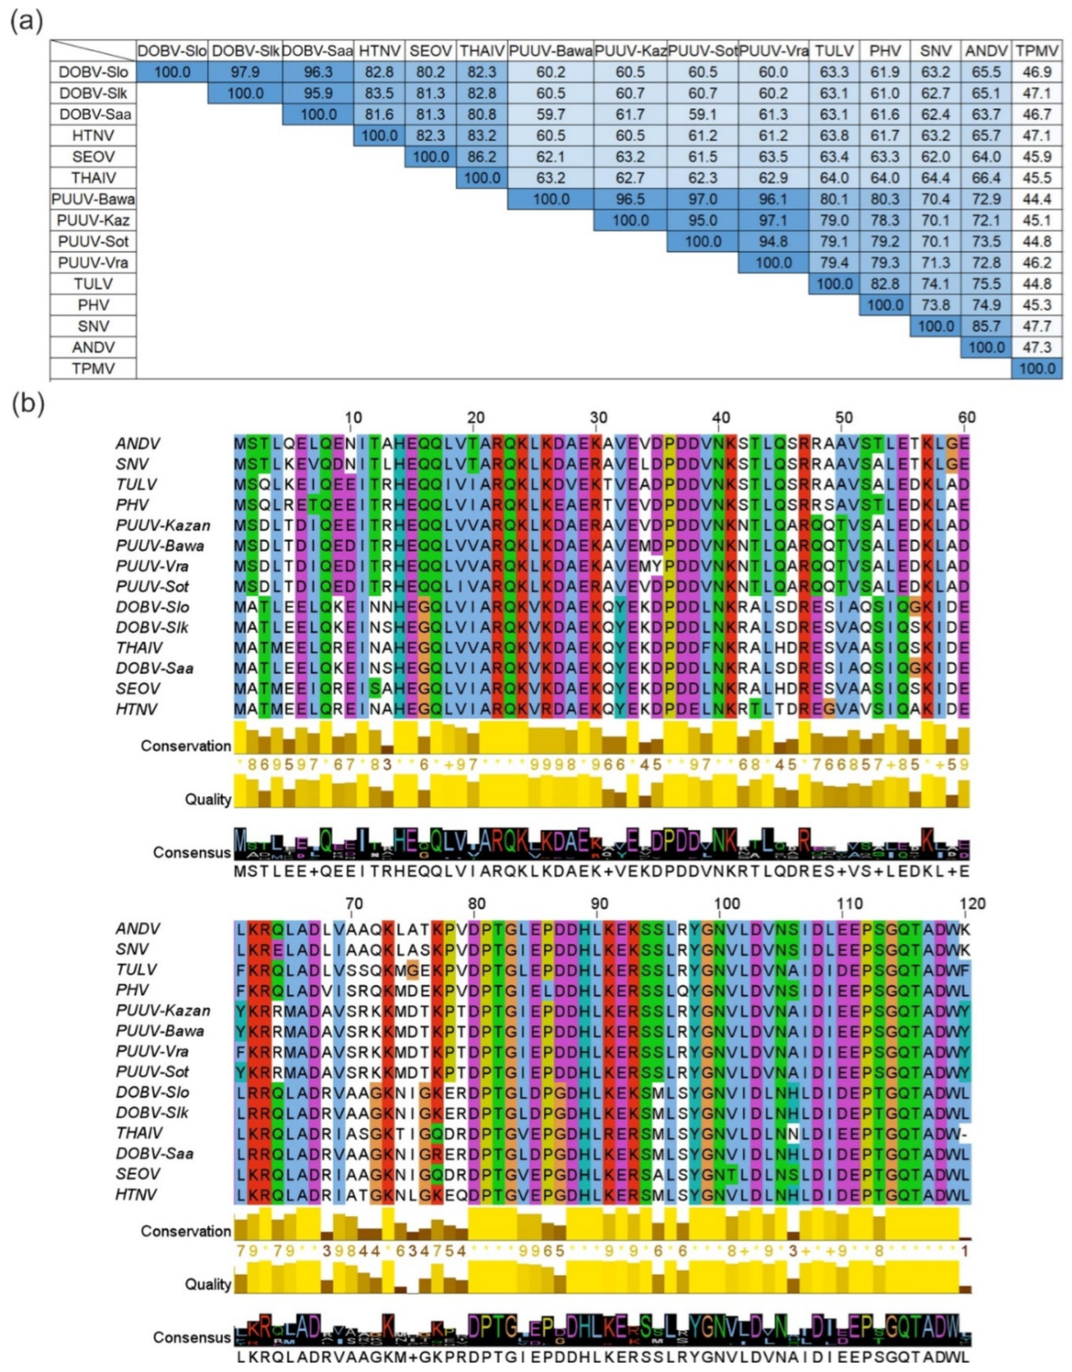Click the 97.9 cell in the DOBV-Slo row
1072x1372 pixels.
245,72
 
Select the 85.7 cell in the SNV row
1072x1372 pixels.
986,326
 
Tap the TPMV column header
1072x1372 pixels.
1037,50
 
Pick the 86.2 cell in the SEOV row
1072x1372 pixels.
482,157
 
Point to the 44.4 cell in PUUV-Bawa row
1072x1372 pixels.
1037,199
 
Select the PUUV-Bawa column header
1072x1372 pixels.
550,50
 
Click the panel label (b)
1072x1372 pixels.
26,405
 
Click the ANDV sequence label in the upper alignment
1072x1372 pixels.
138,444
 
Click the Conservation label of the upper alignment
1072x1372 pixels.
186,746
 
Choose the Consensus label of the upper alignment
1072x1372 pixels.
192,853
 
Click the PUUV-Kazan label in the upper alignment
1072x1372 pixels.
163,525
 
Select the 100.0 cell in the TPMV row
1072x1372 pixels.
1037,368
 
